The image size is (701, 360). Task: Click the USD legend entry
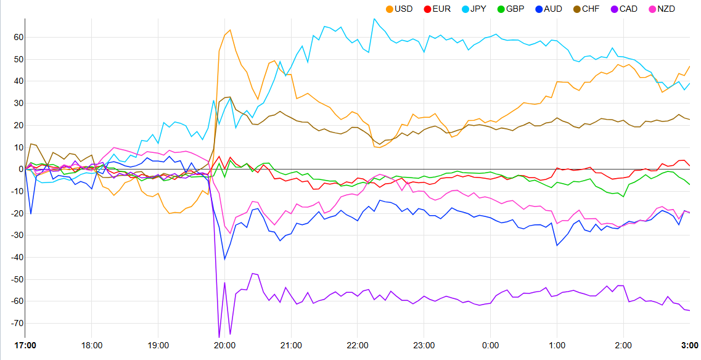click(x=400, y=9)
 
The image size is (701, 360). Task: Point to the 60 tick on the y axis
click(x=18, y=38)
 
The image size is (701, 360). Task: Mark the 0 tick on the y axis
click(x=20, y=170)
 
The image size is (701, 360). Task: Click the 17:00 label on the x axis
click(x=25, y=345)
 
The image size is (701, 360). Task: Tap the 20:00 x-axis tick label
click(x=224, y=345)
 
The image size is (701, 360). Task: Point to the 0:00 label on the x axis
click(x=490, y=345)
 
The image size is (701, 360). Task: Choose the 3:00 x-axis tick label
click(x=689, y=345)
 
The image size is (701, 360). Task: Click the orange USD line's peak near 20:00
click(x=230, y=30)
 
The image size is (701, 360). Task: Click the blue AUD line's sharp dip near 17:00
click(x=31, y=213)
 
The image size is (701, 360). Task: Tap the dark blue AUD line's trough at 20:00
click(x=224, y=260)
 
